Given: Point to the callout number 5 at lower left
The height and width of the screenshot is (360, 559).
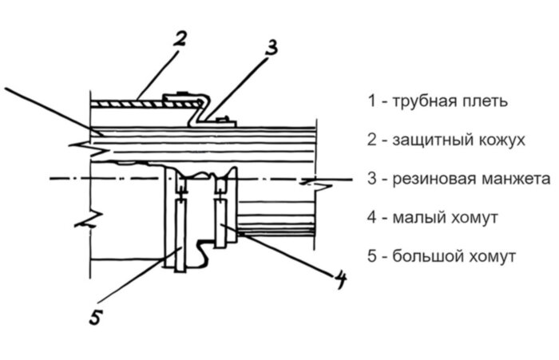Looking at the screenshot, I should click(94, 318).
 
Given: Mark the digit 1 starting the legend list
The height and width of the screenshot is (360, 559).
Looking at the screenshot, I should click(371, 102).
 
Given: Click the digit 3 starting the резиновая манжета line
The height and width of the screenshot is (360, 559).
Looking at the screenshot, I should click(372, 179).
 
